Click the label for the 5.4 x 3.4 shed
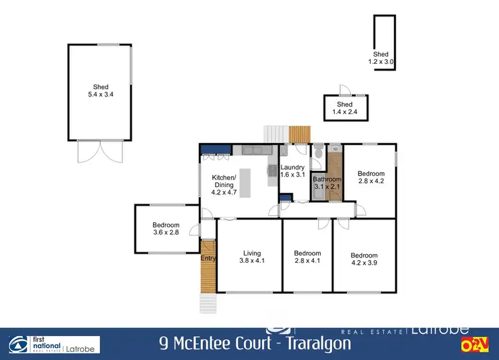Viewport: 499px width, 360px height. (x=100, y=91)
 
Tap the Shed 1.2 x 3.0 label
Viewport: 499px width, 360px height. (x=381, y=58)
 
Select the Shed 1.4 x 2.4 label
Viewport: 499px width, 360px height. (x=345, y=108)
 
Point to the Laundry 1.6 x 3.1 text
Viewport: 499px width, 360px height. (x=293, y=171)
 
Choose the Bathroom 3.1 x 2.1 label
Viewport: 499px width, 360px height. (x=327, y=183)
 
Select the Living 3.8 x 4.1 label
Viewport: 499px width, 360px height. (x=251, y=257)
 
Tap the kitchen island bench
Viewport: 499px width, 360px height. (x=245, y=183)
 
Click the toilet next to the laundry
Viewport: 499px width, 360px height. (x=319, y=153)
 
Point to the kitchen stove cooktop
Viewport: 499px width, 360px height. (x=271, y=170)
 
